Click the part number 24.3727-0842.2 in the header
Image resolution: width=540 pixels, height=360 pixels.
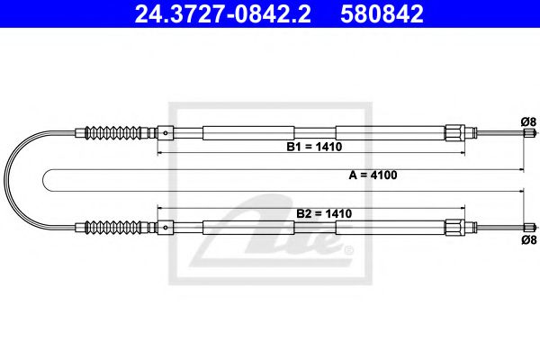[x=222, y=14]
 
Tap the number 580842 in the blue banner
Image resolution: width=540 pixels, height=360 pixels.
[x=382, y=14]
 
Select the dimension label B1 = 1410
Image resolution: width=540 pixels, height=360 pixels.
[x=314, y=147]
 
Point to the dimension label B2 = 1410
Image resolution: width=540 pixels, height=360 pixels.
[x=324, y=213]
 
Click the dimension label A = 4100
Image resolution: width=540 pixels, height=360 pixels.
[x=373, y=175]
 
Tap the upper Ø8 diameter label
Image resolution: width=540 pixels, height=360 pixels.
[x=528, y=121]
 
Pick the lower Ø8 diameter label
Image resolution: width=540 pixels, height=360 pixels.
[x=528, y=239]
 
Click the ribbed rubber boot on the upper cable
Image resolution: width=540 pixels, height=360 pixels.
[x=113, y=132]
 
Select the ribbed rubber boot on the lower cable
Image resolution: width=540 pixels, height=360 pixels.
[x=113, y=227]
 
